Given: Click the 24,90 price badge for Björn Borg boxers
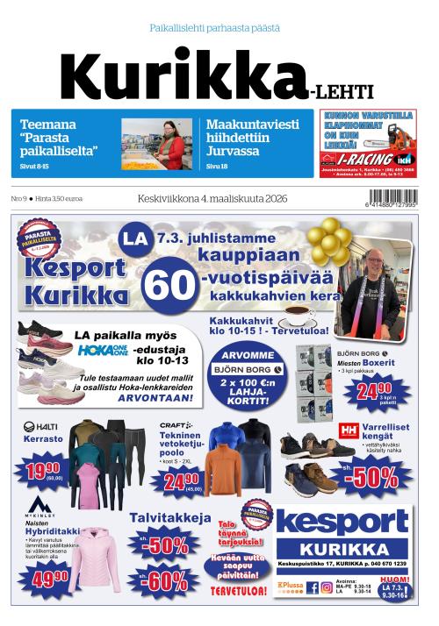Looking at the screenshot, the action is click(x=374, y=390).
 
